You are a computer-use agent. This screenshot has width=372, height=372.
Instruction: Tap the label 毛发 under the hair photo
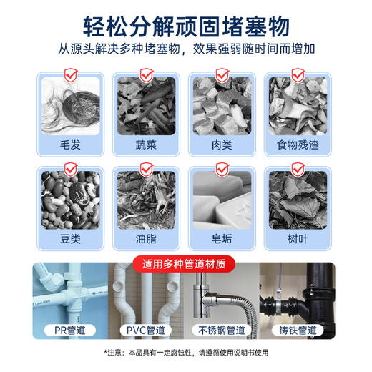[x=70, y=145]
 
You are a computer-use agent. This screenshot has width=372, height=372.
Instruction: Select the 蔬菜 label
[x=146, y=145]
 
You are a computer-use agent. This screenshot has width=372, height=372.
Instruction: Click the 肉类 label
[x=222, y=145]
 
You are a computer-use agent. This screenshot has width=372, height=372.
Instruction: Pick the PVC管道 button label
[x=146, y=331]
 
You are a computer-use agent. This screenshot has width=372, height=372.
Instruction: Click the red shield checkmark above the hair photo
[x=70, y=73]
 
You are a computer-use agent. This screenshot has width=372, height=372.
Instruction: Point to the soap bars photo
[x=222, y=201]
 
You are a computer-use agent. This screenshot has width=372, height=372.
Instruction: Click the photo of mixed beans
[x=70, y=201]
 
